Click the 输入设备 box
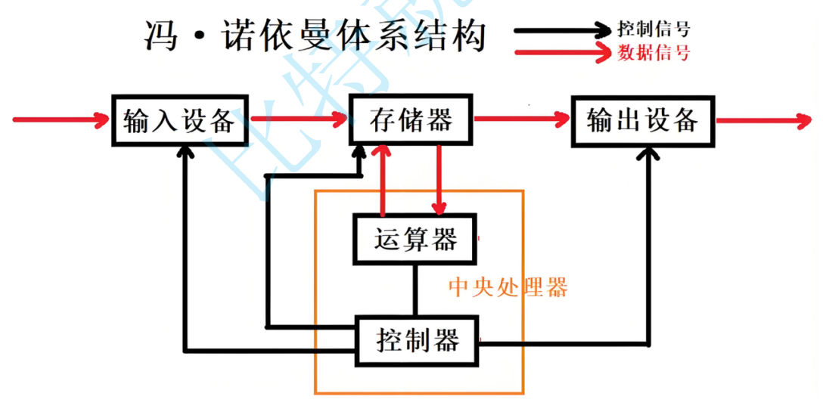(x=180, y=120)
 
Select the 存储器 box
(x=410, y=120)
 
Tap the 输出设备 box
(x=642, y=120)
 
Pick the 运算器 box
(x=415, y=240)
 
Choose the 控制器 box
(x=417, y=342)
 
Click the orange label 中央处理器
(x=508, y=287)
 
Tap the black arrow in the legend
(x=563, y=30)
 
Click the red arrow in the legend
(x=563, y=52)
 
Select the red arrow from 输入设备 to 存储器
(x=298, y=119)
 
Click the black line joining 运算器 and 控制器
(x=415, y=291)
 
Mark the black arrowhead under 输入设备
(x=183, y=151)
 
